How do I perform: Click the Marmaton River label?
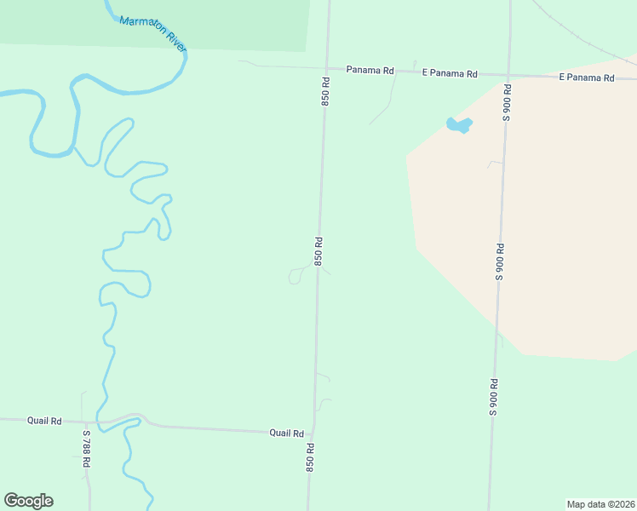pyautogui.click(x=153, y=33)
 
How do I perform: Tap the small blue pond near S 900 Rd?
pyautogui.click(x=458, y=126)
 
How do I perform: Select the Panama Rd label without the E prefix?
pyautogui.click(x=370, y=70)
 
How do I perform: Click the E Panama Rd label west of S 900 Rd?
pyautogui.click(x=450, y=73)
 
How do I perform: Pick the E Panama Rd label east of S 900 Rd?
pyautogui.click(x=586, y=78)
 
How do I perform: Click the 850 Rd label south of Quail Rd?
pyautogui.click(x=311, y=458)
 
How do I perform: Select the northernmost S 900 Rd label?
pyautogui.click(x=507, y=102)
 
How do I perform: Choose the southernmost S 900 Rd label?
pyautogui.click(x=492, y=396)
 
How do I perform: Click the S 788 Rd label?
pyautogui.click(x=87, y=448)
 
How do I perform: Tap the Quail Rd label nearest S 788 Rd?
pyautogui.click(x=44, y=421)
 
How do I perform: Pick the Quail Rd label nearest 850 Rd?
pyautogui.click(x=286, y=433)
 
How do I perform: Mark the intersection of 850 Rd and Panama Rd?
pyautogui.click(x=327, y=67)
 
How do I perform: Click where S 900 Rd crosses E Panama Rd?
pyautogui.click(x=508, y=75)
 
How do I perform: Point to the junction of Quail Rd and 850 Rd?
pyautogui.click(x=313, y=432)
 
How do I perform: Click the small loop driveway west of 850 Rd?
pyautogui.click(x=295, y=276)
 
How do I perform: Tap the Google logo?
pyautogui.click(x=28, y=501)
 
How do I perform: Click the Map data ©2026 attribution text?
pyautogui.click(x=601, y=504)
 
